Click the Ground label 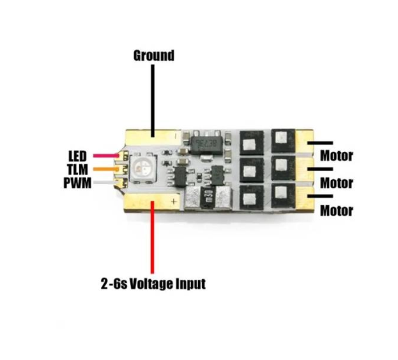(154, 56)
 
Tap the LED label (77, 156)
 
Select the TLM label (77, 170)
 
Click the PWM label (77, 183)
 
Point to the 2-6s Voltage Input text (153, 283)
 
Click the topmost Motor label (337, 156)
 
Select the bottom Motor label (337, 211)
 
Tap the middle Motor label (337, 183)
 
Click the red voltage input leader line (152, 237)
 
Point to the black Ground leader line (153, 101)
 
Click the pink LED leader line (106, 156)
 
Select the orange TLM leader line (106, 169)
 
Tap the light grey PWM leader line (106, 182)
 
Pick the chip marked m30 (208, 197)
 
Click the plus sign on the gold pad (174, 202)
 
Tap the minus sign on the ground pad (176, 136)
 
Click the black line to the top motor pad (320, 143)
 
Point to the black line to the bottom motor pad (320, 196)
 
